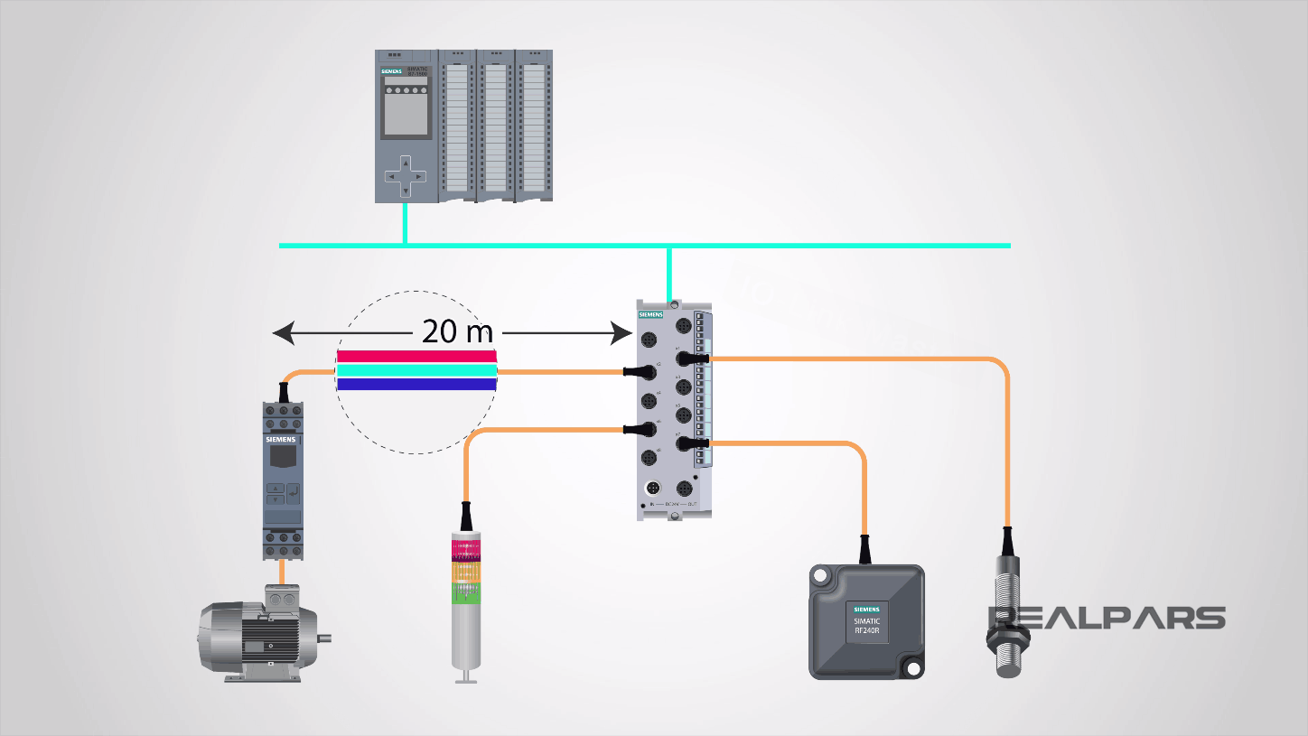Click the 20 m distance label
458,332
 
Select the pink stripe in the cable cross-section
416,356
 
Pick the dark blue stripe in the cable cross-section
416,384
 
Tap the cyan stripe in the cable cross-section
416,370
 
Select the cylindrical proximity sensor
1008,614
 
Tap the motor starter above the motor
282,479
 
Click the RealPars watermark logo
1107,618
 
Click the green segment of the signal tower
466,597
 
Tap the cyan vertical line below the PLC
405,223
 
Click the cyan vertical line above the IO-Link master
669,273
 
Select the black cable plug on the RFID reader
865,548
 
